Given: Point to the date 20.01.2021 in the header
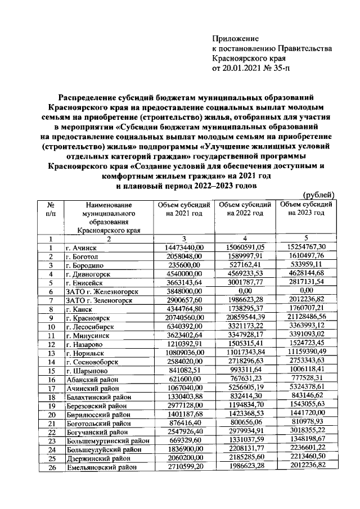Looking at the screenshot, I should [x=244, y=69].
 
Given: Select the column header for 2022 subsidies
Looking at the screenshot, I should [x=245, y=209].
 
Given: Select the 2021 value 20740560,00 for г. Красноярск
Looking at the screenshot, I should [x=184, y=318].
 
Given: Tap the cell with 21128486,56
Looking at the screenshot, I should [x=307, y=318].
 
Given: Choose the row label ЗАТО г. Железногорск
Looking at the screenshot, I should [x=101, y=291].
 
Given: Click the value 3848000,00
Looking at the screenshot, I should [x=184, y=291].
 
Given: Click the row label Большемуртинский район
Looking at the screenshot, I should [x=106, y=440].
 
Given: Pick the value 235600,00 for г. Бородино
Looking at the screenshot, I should [x=184, y=265].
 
